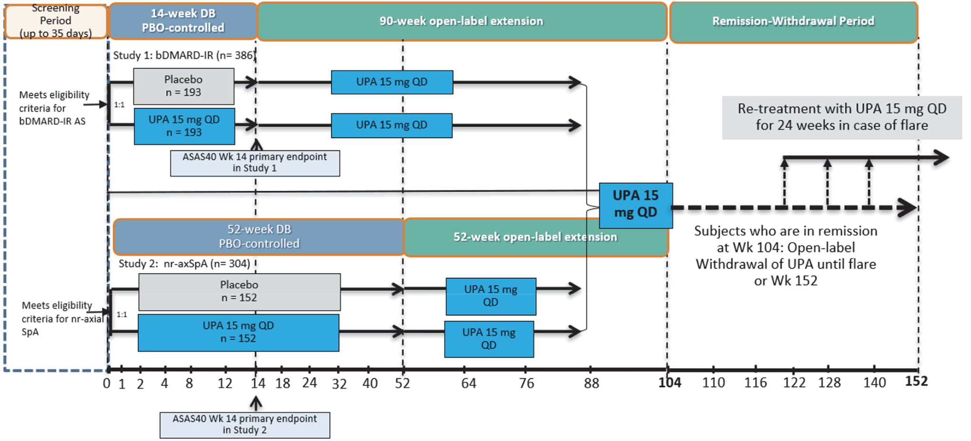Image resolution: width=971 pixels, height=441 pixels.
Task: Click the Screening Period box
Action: click(x=56, y=21)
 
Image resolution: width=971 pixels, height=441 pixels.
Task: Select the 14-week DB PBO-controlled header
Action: click(x=183, y=21)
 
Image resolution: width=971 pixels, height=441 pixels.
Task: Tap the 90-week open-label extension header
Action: click(x=461, y=21)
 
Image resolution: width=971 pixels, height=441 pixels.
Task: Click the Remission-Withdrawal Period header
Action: click(x=793, y=21)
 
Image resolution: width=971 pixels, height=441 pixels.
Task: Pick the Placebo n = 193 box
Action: click(x=184, y=86)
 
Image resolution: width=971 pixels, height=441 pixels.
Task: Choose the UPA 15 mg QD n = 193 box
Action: click(x=184, y=126)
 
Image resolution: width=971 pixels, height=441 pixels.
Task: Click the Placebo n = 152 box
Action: click(x=239, y=291)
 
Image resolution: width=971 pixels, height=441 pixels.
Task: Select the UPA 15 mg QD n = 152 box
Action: click(x=238, y=332)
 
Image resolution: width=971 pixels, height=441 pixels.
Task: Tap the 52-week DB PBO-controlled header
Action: click(x=259, y=236)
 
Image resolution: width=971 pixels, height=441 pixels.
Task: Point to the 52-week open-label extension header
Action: click(x=535, y=237)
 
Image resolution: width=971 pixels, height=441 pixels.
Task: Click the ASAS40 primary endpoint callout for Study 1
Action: click(x=255, y=163)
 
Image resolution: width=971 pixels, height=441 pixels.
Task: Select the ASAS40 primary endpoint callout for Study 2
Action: click(x=245, y=424)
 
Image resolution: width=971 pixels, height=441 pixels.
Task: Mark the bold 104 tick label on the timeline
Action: click(x=670, y=382)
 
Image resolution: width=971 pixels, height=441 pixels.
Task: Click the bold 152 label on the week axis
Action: click(x=916, y=382)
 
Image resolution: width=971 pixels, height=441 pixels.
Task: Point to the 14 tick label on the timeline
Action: click(x=258, y=383)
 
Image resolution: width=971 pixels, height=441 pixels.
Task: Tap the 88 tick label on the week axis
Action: click(x=592, y=383)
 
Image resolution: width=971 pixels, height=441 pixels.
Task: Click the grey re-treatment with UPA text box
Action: click(x=842, y=117)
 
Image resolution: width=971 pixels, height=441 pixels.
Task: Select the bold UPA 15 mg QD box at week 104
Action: click(x=635, y=205)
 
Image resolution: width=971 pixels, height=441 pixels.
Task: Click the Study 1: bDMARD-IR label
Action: click(x=184, y=56)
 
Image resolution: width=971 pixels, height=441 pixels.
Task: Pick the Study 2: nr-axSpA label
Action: click(x=184, y=264)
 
